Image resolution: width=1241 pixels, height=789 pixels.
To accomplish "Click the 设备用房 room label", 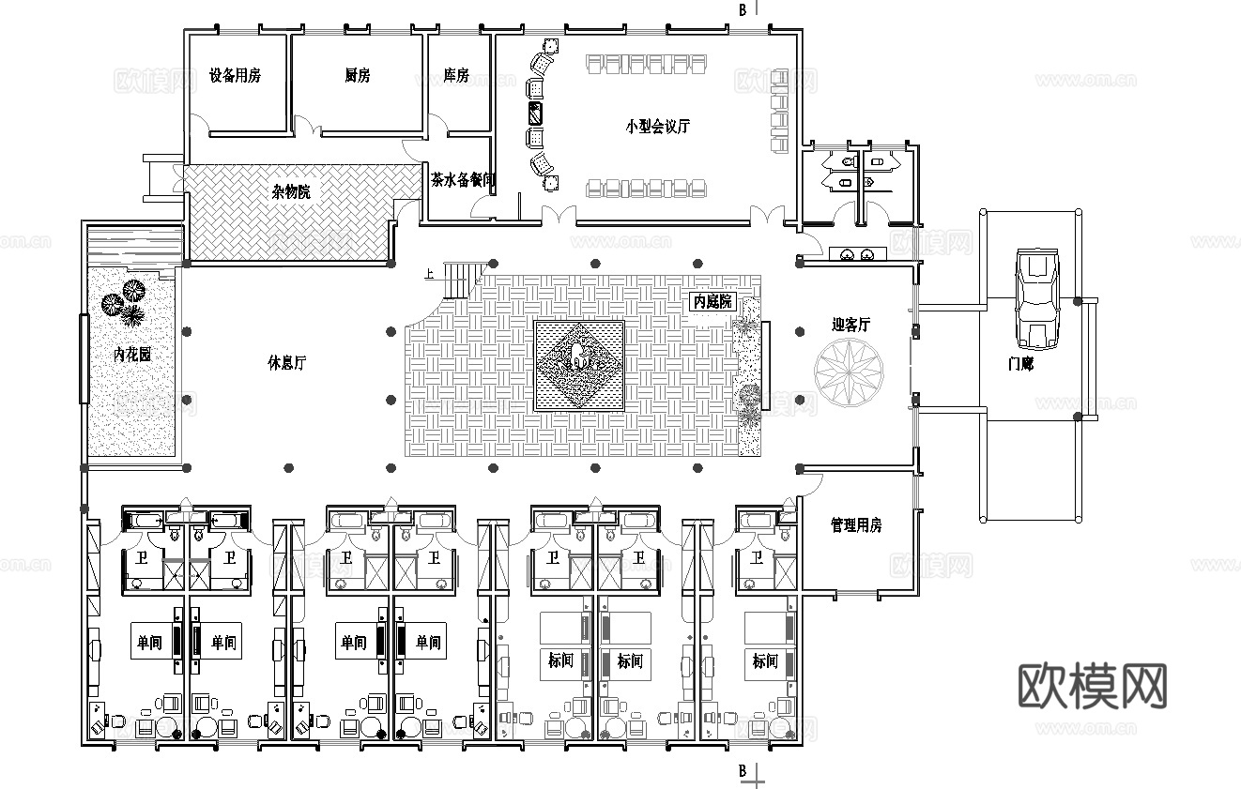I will [x=235, y=76].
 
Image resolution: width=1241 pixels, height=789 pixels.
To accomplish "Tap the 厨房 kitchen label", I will [x=357, y=76].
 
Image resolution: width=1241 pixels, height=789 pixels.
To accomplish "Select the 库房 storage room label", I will [x=456, y=76].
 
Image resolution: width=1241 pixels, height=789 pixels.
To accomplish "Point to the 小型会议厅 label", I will [x=658, y=127].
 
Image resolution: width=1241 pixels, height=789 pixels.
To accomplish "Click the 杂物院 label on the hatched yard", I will [x=291, y=191].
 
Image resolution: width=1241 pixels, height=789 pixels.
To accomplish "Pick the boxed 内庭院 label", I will [x=712, y=302].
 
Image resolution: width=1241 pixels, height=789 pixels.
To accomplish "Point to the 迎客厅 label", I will [x=850, y=325].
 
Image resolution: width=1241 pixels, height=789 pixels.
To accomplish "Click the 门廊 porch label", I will [x=1020, y=364].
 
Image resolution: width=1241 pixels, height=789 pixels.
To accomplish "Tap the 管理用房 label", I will [x=856, y=524].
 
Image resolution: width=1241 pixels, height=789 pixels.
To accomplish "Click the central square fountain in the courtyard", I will [x=579, y=364].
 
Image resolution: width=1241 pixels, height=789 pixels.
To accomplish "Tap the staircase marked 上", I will [x=464, y=279].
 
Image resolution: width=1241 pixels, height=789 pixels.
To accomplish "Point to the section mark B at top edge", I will [x=743, y=10].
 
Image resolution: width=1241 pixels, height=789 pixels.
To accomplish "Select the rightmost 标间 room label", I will [x=765, y=661].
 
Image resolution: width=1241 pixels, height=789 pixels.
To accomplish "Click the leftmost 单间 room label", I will [x=149, y=643].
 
